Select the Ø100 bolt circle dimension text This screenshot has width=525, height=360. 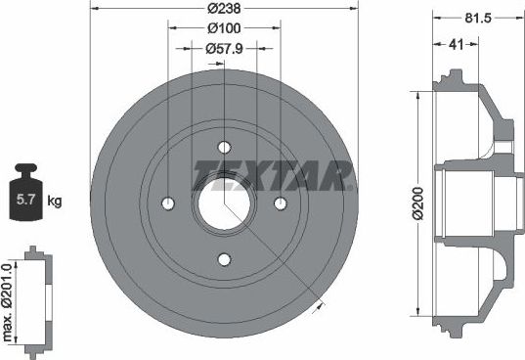224,29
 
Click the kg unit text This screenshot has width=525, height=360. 55,202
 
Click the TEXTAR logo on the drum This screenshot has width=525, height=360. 273,177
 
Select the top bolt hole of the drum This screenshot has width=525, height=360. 224,147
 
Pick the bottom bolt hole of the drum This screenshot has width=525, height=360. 224,259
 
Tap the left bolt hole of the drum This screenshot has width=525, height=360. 167,203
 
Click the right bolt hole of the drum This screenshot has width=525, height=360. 281,203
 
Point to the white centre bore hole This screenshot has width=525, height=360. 224,203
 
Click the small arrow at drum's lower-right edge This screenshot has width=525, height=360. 318,306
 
